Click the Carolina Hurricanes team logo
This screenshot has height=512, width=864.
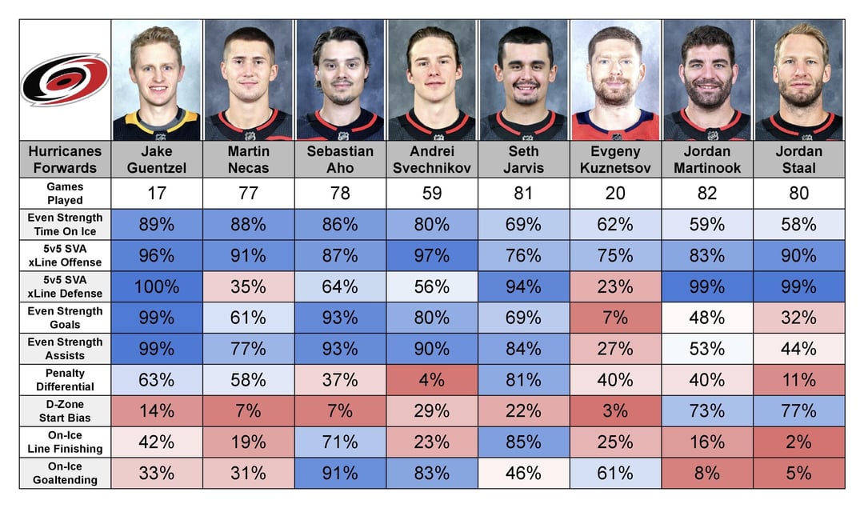pos(65,79)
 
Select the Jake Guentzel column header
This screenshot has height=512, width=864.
pos(157,159)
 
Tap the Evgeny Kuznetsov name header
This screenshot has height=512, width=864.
pos(615,159)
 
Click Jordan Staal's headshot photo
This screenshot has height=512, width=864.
pos(799,81)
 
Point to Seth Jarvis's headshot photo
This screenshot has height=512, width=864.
pos(523,81)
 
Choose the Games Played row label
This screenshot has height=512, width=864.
pos(65,194)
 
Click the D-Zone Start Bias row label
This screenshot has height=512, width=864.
pos(65,411)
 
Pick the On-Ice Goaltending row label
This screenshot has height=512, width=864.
pos(65,474)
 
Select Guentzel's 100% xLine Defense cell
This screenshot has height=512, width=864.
pos(157,286)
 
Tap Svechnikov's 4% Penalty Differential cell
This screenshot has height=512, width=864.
pos(432,380)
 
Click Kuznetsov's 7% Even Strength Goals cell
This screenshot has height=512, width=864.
pos(615,318)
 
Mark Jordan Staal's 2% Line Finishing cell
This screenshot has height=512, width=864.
pos(799,442)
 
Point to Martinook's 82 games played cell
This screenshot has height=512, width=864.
pos(707,194)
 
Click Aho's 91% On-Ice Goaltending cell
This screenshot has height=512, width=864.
pos(340,474)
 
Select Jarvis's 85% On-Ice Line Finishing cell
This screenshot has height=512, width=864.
pos(523,442)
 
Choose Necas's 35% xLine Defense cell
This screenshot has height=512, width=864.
pos(249,286)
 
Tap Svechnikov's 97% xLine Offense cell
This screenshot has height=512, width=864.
pos(432,256)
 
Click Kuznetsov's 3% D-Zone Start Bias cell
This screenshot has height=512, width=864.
pos(615,411)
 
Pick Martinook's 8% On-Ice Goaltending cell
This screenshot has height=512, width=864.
pos(707,474)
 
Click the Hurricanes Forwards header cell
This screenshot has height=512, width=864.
pos(65,159)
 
